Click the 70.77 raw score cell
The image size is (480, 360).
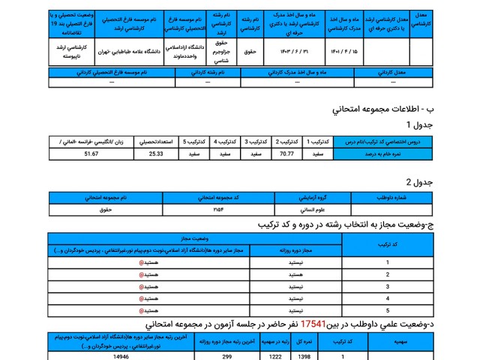pos(286,154)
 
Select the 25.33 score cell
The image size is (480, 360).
pos(156,154)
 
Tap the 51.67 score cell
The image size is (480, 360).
pos(91,154)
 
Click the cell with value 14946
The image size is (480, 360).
pos(121,356)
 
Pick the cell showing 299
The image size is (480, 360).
pos(226,356)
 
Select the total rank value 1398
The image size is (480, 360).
pos(305,356)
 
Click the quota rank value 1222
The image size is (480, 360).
pos(276,356)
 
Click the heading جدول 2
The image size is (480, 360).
pos(418,182)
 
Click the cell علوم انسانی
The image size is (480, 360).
pos(313,210)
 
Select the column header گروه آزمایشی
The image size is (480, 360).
pos(313,197)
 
